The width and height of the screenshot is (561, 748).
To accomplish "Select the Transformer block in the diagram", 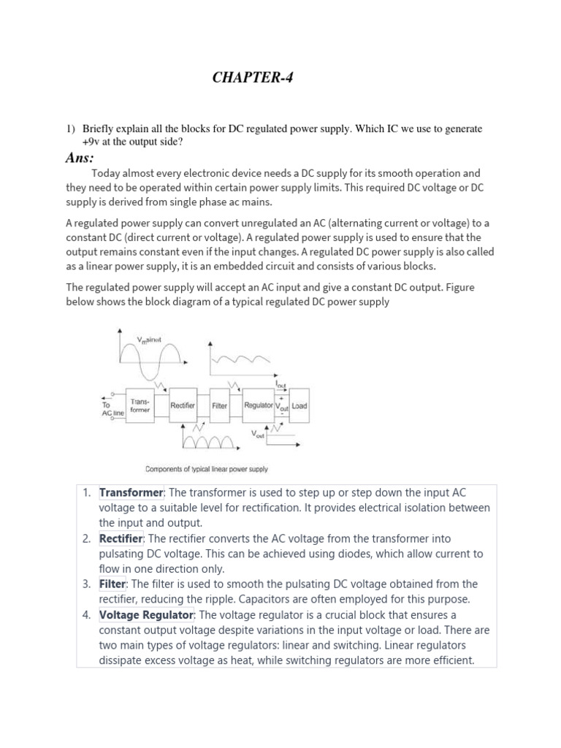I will click(140, 405).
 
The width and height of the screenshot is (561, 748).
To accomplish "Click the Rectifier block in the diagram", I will click(182, 405).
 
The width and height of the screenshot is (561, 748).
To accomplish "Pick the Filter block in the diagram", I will click(220, 405).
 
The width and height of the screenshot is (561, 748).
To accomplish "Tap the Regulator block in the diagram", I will click(258, 405).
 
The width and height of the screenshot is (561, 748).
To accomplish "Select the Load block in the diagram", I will click(299, 405).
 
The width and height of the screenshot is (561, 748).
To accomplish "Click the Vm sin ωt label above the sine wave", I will click(150, 340).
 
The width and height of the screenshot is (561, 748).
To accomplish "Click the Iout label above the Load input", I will click(280, 383).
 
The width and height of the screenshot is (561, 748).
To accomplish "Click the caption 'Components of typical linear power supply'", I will click(207, 469).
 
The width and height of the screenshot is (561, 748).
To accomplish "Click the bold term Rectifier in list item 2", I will click(121, 538).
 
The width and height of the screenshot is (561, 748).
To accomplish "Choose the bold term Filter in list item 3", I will click(112, 584).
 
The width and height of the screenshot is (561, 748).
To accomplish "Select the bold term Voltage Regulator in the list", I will click(146, 614).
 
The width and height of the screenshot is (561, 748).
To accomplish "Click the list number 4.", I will click(86, 614).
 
